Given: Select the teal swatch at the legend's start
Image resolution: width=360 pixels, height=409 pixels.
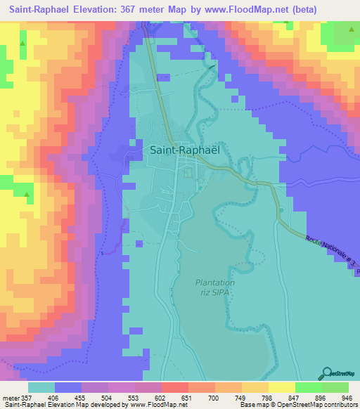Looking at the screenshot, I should coord(41,387).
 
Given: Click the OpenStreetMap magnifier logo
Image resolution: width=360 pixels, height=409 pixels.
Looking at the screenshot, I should coord(326,373).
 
